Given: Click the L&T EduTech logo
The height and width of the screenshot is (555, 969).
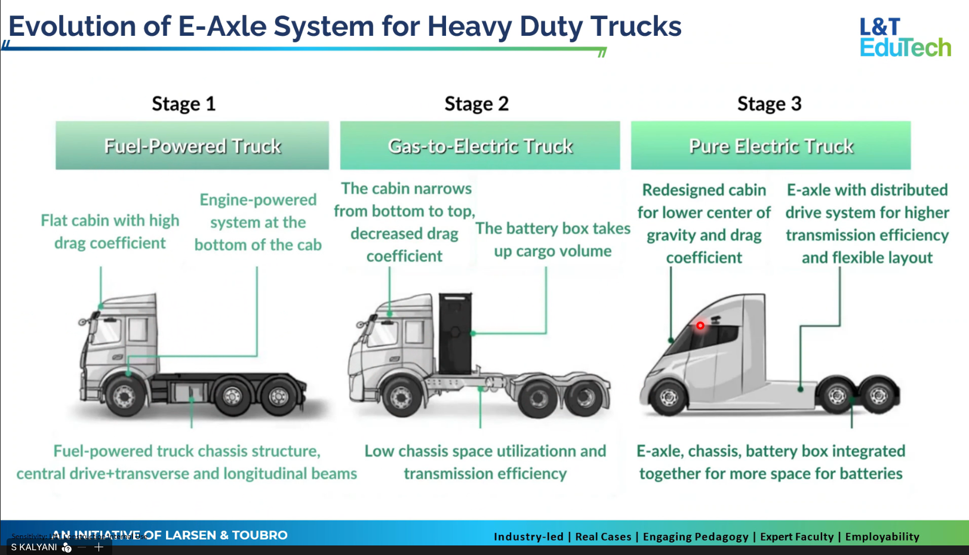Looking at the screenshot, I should click(905, 37).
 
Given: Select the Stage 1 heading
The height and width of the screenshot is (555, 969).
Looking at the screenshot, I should click(183, 104).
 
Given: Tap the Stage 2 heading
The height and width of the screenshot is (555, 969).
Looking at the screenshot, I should click(476, 104).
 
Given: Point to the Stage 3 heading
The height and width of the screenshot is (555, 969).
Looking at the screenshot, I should click(769, 104).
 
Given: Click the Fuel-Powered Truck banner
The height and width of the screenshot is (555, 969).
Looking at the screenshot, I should click(192, 146).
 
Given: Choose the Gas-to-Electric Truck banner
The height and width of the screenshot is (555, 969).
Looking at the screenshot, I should click(480, 146).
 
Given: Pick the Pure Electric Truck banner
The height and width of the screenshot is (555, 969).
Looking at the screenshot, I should click(771, 146).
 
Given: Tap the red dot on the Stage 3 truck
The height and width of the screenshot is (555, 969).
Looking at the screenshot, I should click(700, 325).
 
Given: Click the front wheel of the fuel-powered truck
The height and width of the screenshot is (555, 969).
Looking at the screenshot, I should click(124, 395).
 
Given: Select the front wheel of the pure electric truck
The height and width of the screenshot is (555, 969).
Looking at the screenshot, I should click(669, 396).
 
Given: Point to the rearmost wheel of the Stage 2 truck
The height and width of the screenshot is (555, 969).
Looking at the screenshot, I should click(585, 396).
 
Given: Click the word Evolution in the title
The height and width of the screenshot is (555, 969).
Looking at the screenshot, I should click(89, 27).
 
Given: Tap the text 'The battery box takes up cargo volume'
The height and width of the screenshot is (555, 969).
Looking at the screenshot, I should click(552, 240).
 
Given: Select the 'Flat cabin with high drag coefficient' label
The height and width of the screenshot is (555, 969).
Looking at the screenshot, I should click(110, 232).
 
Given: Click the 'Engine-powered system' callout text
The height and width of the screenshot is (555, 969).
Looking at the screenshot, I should click(258, 222).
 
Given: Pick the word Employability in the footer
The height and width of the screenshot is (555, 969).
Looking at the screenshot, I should click(882, 536).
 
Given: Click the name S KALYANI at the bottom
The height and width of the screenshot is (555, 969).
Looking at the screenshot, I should click(34, 547).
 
